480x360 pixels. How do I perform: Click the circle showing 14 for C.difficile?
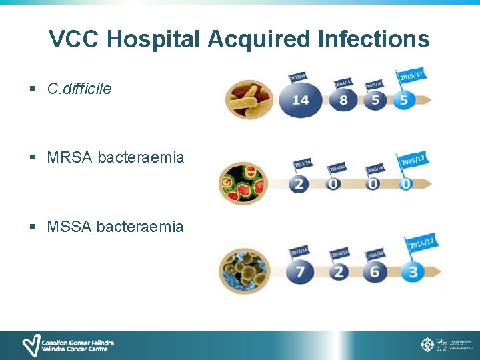pos(300,100)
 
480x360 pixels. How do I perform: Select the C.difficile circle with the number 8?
pos(343,101)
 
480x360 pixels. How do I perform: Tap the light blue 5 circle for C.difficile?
pos(403,101)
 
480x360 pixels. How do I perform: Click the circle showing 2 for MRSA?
pos(299,183)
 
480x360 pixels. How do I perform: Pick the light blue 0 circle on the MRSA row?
pos(406,183)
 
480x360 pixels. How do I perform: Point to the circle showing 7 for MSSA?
pos(299,271)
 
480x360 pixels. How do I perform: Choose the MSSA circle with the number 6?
pos(375,271)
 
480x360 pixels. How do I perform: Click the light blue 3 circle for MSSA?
pos(413,271)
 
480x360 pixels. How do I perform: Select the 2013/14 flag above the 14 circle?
pos(298,77)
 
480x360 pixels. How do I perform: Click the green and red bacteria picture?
pos(243,183)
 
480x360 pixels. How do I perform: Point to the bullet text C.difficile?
pos(79,88)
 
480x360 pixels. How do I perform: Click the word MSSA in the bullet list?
pos(69,227)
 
